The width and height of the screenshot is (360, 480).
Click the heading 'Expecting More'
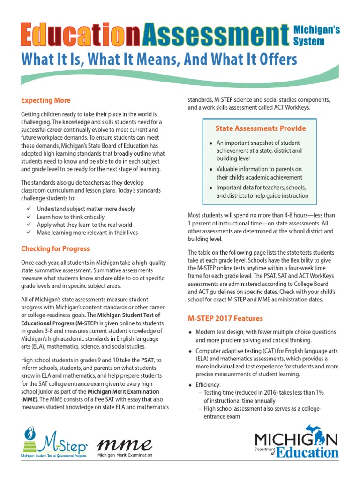click(46, 100)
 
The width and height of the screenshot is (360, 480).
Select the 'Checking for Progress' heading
click(55, 248)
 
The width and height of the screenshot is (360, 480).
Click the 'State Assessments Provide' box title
click(261, 128)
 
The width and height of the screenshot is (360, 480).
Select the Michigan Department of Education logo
click(296, 443)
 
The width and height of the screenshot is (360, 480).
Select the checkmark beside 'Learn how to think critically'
click(29, 217)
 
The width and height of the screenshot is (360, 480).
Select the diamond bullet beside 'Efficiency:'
click(190, 385)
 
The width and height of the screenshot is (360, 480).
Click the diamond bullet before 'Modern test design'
click(190, 333)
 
